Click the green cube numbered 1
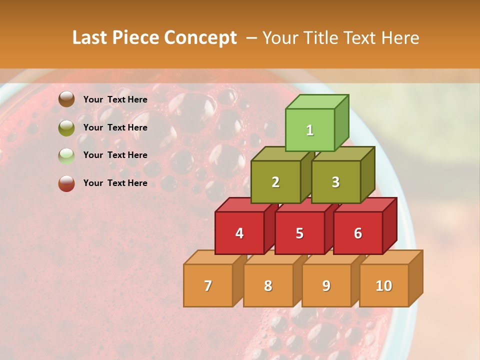(310, 130)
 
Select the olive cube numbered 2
(275, 182)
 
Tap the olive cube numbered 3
(335, 182)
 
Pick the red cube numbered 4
(239, 233)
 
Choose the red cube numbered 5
(299, 233)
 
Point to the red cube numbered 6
(358, 233)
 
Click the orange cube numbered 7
(208, 285)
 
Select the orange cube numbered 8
(268, 285)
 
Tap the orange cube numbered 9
(326, 285)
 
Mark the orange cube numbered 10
(384, 285)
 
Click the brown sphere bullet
(66, 99)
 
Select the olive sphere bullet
(66, 127)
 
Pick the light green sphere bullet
(66, 155)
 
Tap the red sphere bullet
(66, 183)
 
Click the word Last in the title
(91, 38)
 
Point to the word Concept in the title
(201, 38)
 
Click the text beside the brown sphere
(115, 99)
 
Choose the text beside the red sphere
(115, 183)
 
